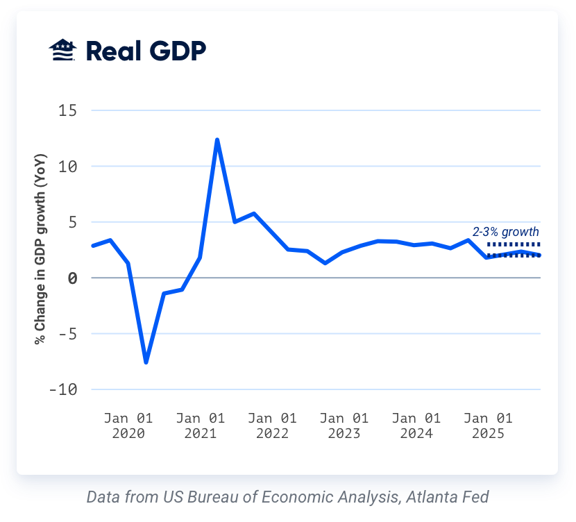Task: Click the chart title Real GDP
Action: coord(146,51)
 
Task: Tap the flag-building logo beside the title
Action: coord(62,51)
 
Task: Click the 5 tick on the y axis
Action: coord(72,222)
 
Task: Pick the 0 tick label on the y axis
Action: coord(72,278)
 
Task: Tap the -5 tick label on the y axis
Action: coord(68,334)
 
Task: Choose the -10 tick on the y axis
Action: coord(64,389)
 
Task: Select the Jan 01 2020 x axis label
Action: coord(128,426)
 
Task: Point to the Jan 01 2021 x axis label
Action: coord(201,426)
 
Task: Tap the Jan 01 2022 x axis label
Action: coord(272,426)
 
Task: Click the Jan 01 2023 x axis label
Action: coord(344,426)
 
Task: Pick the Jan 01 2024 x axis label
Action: coord(416,426)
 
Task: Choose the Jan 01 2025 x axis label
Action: coord(488,426)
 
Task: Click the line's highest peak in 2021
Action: coord(217,140)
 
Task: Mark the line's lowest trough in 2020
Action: coord(146,362)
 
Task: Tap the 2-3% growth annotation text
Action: coord(506,232)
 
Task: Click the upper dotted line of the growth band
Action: coord(514,244)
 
